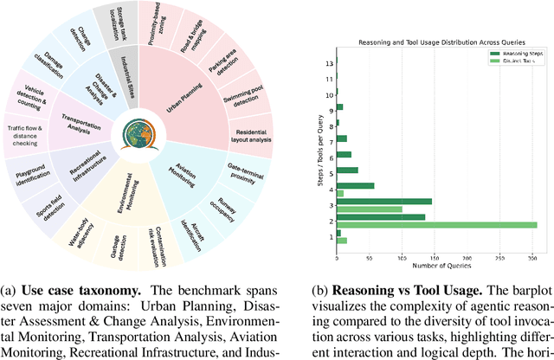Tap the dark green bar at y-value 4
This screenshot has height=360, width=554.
[355, 185]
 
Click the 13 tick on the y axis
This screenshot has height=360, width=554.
[329, 63]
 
